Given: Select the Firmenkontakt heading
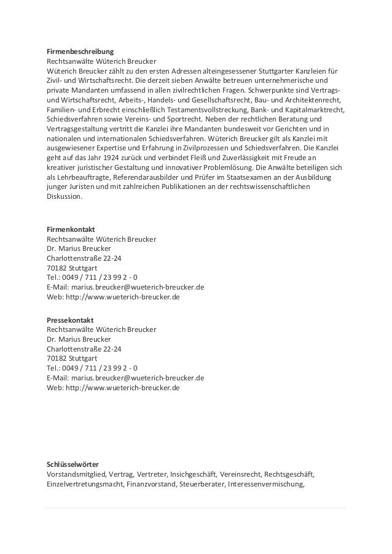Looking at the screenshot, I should point(71,229).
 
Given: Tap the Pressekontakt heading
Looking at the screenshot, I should point(70,320).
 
